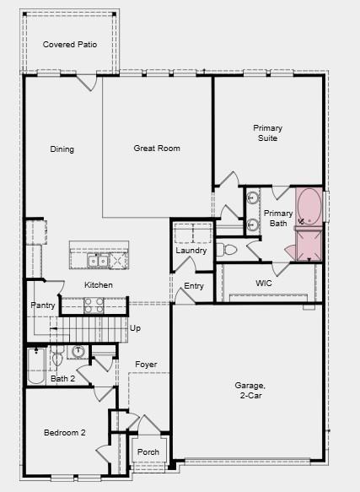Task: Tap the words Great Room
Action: click(157, 149)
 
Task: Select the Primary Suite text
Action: click(268, 133)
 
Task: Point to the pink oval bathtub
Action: click(309, 207)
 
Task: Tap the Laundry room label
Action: click(191, 251)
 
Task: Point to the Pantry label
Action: click(42, 305)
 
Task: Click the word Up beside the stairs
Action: click(135, 327)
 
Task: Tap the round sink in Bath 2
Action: click(78, 351)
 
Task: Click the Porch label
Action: click(148, 451)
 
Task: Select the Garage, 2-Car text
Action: click(250, 390)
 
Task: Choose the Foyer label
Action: click(147, 365)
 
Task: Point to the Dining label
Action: click(62, 149)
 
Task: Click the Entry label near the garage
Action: click(194, 286)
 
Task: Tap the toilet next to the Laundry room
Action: click(225, 250)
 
